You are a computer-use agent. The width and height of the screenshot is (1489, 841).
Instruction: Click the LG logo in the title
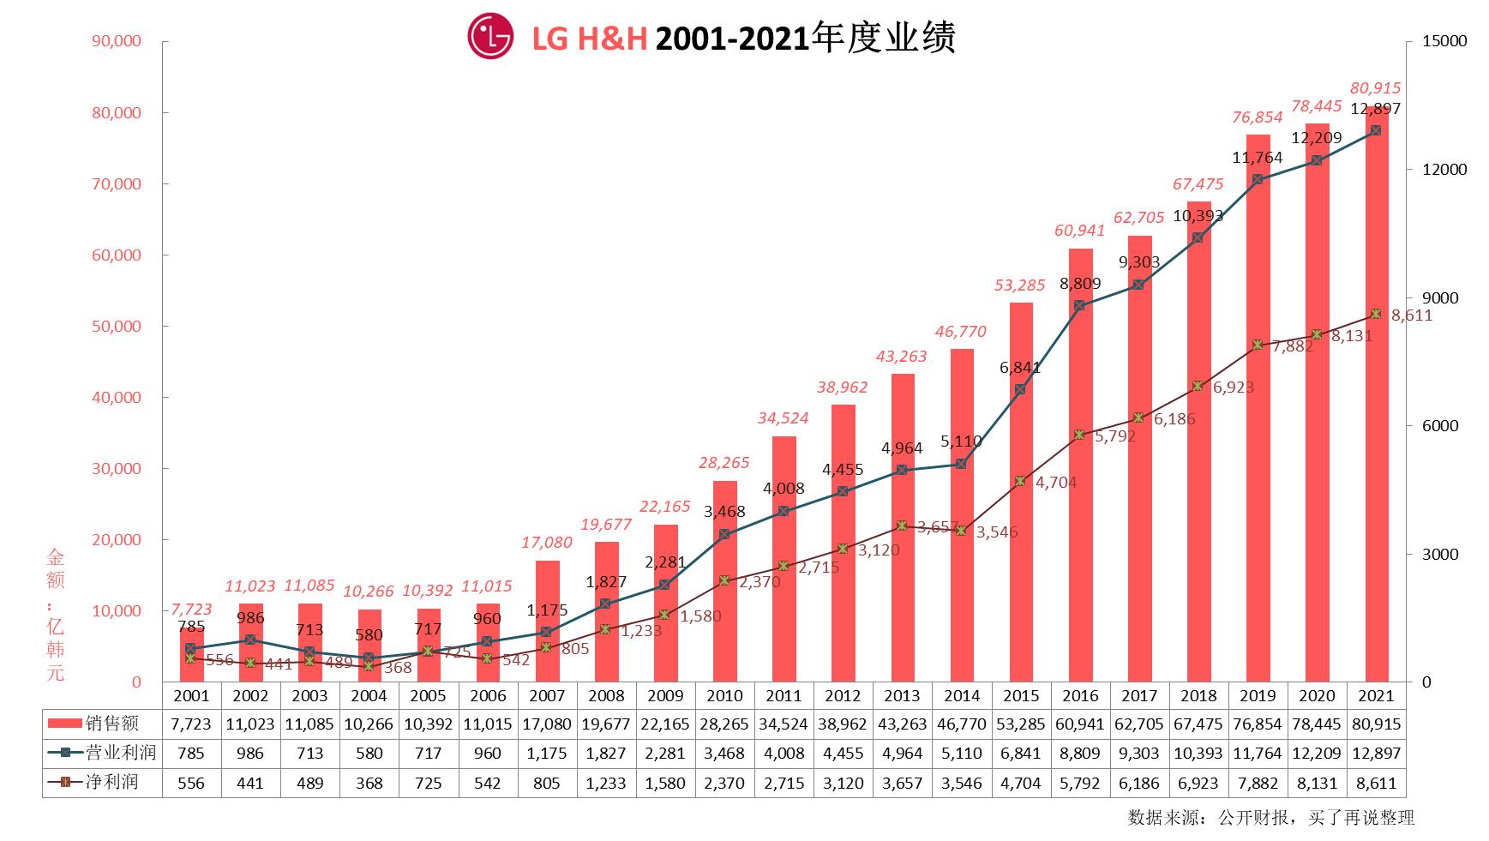click(490, 37)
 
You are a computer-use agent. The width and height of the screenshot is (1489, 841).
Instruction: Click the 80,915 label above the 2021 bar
click(1375, 87)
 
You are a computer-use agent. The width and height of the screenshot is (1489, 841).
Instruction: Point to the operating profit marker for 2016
click(1079, 305)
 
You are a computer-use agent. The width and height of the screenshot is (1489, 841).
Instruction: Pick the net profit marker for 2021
click(1375, 314)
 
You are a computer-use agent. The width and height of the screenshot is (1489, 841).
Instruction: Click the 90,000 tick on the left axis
click(116, 41)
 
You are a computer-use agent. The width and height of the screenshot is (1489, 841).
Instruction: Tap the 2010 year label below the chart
click(724, 696)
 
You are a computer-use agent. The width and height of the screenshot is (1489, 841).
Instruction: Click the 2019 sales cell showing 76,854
click(1257, 724)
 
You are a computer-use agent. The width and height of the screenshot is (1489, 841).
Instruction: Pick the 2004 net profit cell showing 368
click(369, 783)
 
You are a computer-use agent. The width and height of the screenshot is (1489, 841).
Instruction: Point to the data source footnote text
click(1270, 817)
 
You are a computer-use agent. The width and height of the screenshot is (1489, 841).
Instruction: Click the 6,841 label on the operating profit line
click(1020, 368)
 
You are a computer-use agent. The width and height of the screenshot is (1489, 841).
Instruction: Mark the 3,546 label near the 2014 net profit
click(996, 532)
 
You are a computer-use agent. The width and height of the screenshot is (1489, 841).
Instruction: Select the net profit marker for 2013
click(902, 526)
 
